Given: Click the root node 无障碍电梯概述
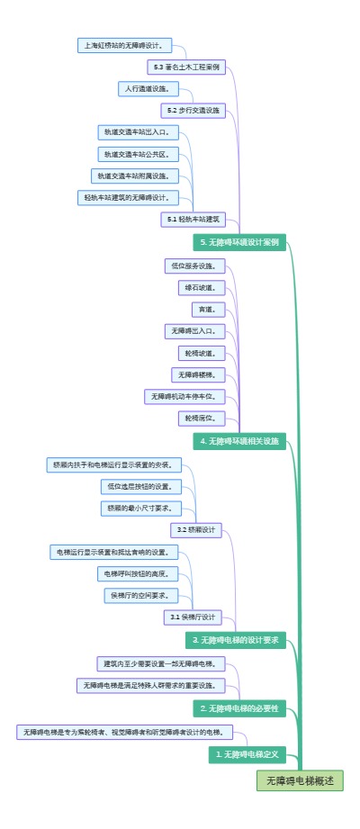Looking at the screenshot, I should [x=300, y=780].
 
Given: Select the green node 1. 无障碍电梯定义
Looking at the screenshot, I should [x=247, y=753].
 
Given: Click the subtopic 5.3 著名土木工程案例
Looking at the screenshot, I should [x=187, y=67].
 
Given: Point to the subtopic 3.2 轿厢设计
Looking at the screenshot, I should [x=197, y=530].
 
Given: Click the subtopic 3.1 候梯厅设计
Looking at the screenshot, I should [x=193, y=617].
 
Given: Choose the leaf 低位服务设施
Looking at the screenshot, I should [x=194, y=266].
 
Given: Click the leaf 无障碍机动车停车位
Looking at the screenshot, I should [x=184, y=396].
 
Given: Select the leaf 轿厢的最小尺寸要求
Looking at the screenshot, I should [x=140, y=508].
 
